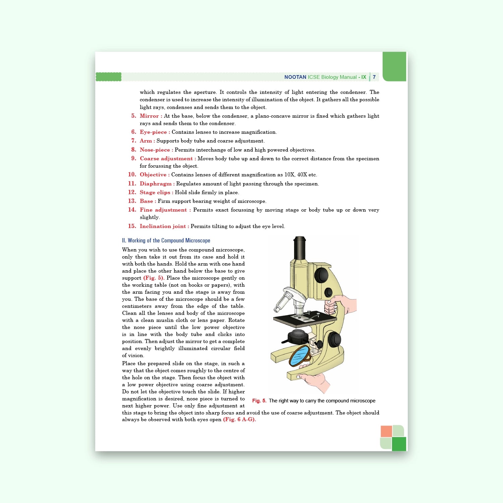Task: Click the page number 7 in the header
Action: click(374, 77)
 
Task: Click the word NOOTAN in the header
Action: click(295, 77)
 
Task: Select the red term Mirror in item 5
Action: click(149, 116)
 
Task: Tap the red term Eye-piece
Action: click(153, 132)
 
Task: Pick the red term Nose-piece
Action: click(155, 150)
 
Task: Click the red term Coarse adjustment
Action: click(166, 159)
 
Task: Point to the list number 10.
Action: click(132, 174)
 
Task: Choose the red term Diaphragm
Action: click(156, 184)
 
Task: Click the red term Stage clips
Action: click(155, 192)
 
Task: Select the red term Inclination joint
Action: click(163, 226)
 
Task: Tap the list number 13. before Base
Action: click(132, 201)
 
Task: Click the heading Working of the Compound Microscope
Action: click(166, 240)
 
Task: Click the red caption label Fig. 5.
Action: click(259, 401)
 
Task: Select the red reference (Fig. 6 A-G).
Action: click(239, 420)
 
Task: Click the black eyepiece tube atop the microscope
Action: click(299, 248)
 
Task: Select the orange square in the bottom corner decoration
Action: click(386, 431)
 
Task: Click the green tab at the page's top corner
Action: click(394, 66)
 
